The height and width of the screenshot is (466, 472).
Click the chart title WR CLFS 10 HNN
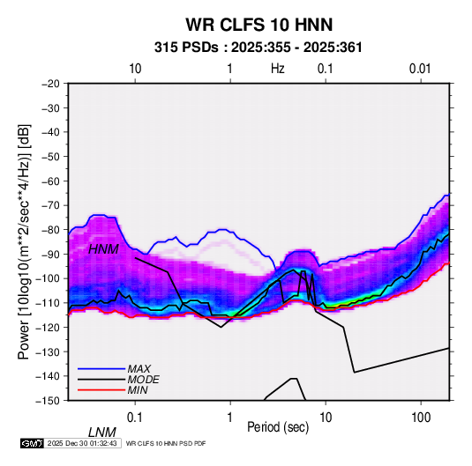(259, 25)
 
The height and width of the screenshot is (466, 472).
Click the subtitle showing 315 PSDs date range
(258, 48)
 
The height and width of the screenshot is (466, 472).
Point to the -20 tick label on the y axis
(50, 84)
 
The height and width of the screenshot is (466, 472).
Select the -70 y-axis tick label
(50, 205)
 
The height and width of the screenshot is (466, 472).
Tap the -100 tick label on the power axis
(49, 278)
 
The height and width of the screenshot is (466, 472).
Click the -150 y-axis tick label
(49, 401)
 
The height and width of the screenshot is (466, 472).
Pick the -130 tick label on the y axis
(49, 351)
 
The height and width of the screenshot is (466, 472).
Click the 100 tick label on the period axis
(421, 418)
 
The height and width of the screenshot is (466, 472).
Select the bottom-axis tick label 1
(230, 418)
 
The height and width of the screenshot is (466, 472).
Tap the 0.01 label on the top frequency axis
(420, 69)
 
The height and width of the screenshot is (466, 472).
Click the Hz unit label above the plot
(278, 69)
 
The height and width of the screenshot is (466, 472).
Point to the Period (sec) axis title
(278, 427)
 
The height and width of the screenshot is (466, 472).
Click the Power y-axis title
(24, 241)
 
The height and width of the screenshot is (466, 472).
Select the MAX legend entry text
(139, 369)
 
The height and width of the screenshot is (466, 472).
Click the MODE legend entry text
(143, 380)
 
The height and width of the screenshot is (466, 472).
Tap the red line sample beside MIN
(101, 390)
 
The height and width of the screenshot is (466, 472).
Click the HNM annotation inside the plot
(103, 249)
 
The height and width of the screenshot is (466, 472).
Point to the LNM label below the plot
(102, 433)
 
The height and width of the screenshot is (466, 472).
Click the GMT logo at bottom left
(33, 443)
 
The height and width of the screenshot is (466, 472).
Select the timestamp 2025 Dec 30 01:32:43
(82, 443)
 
